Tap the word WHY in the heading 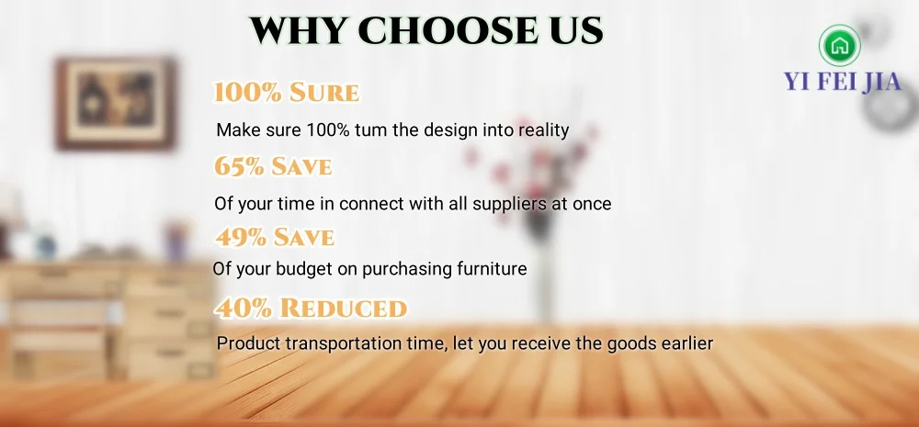pyautogui.click(x=298, y=30)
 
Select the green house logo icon pyautogui.click(x=840, y=46)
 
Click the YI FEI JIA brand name pyautogui.click(x=843, y=81)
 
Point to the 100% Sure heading pyautogui.click(x=287, y=93)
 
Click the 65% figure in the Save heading pyautogui.click(x=239, y=166)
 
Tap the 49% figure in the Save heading pyautogui.click(x=240, y=237)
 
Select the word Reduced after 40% pyautogui.click(x=343, y=309)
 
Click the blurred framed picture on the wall pyautogui.click(x=116, y=104)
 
